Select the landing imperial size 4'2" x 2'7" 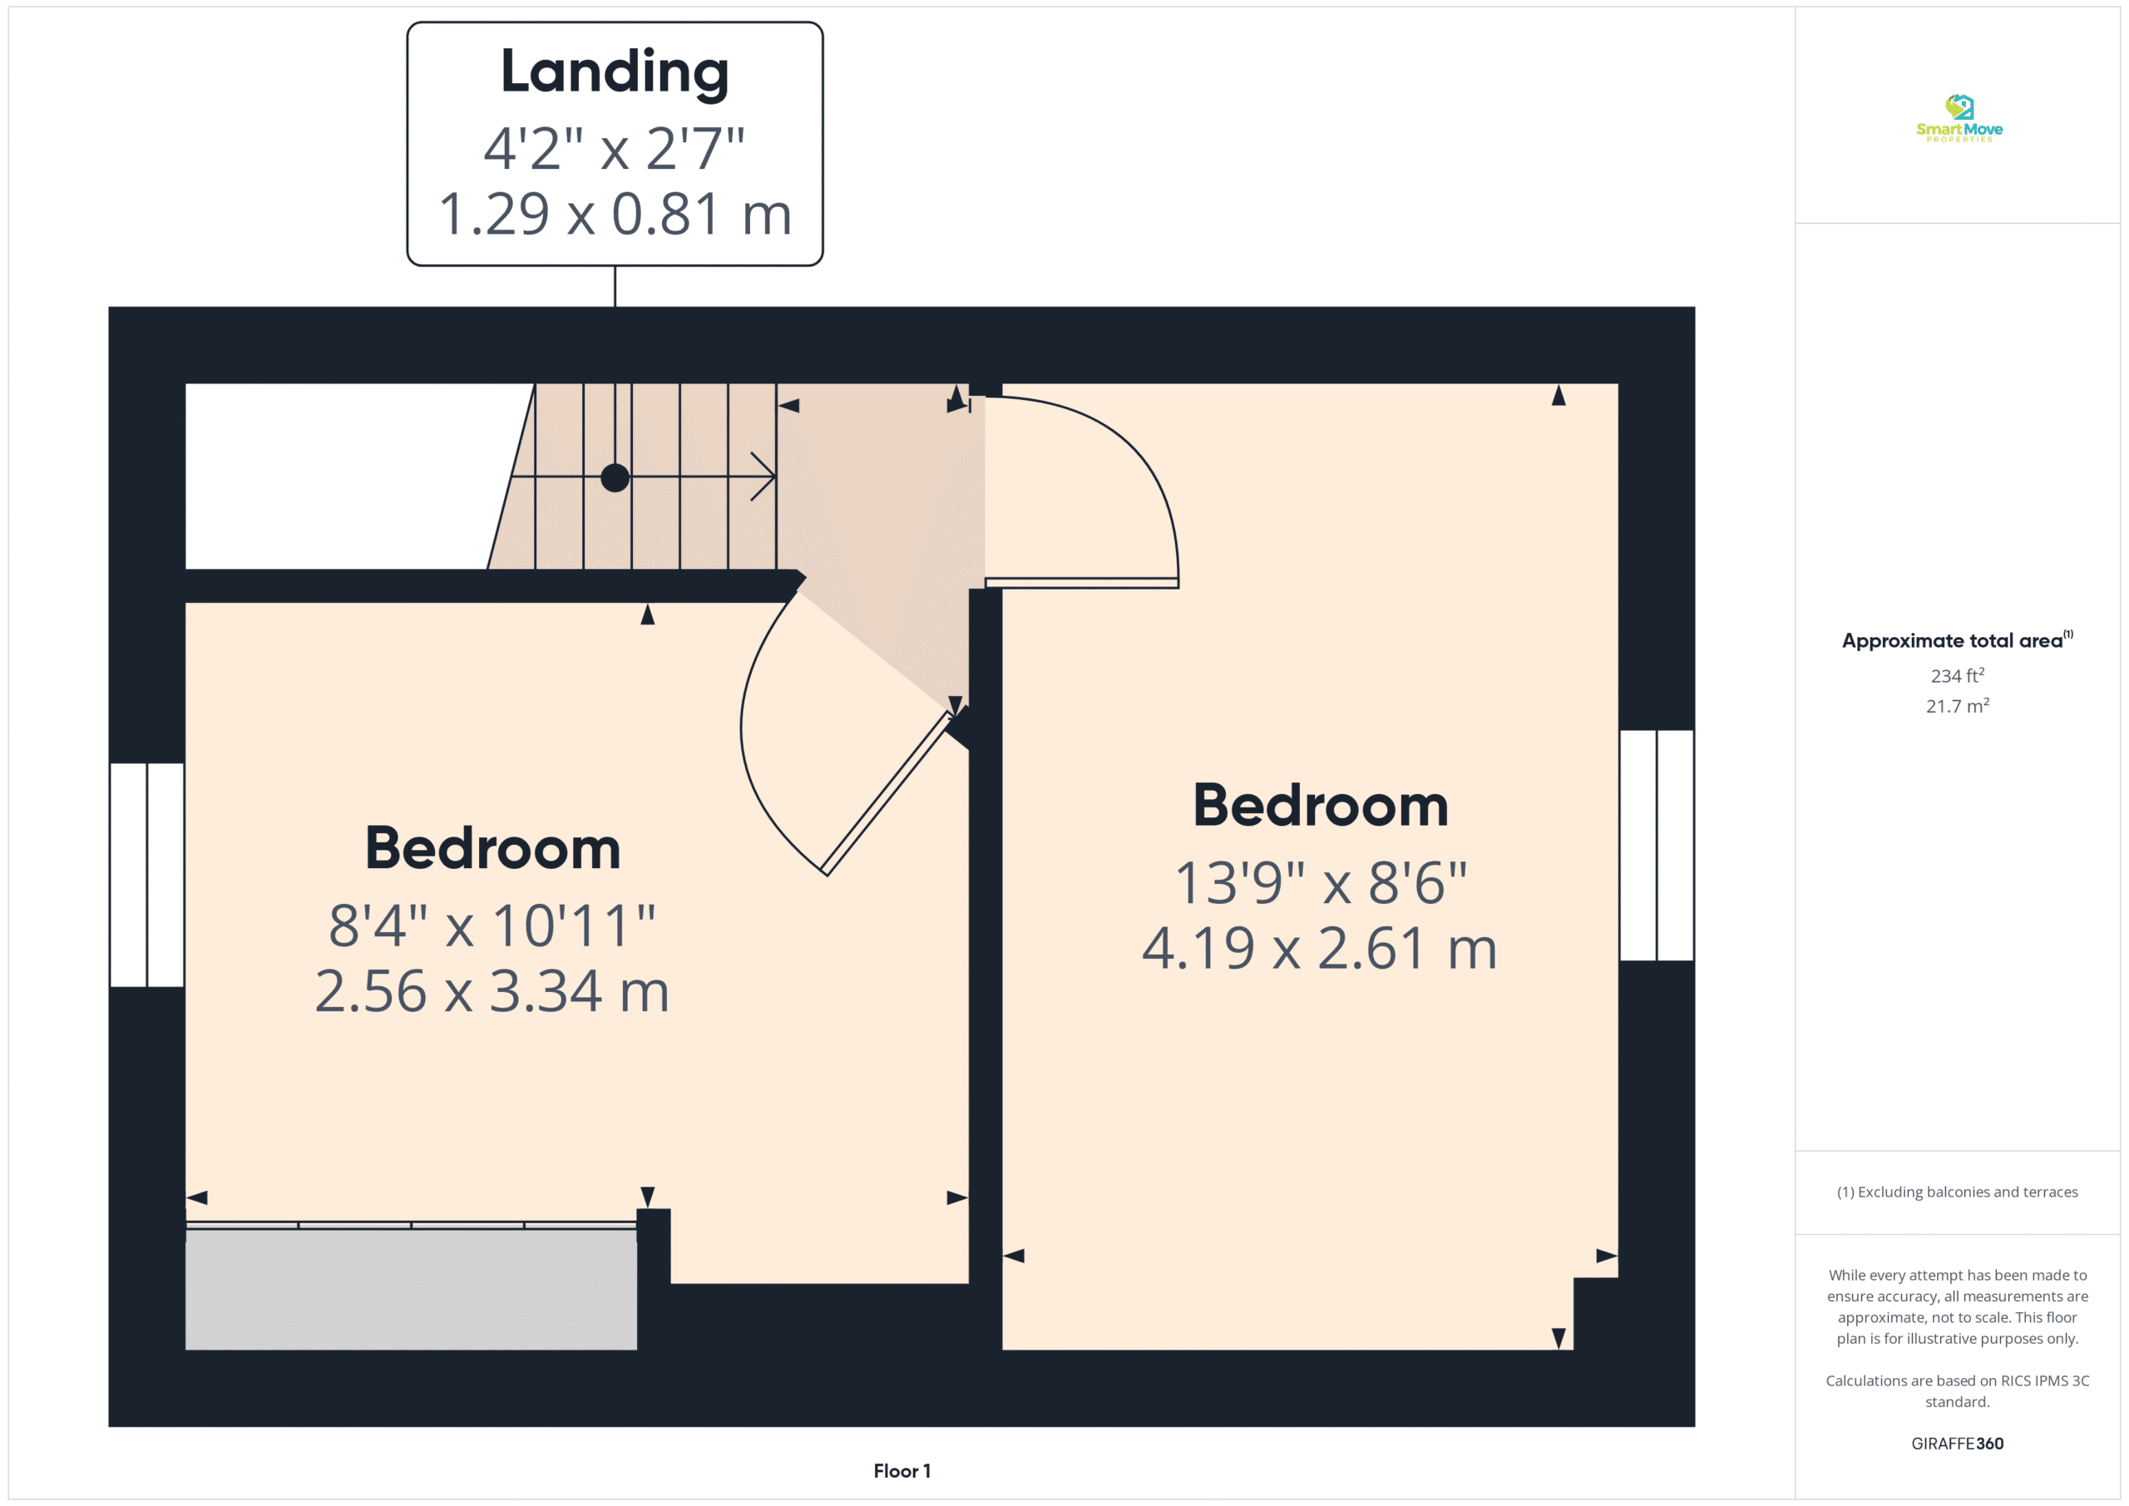click(x=615, y=148)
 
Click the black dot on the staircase click(x=615, y=477)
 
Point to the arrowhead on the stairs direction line click(x=763, y=476)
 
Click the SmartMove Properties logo click(x=1959, y=119)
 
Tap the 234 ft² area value click(x=1958, y=675)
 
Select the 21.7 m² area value click(x=1958, y=706)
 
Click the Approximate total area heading click(x=1957, y=639)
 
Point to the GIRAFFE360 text click(x=1957, y=1443)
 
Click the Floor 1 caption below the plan click(x=901, y=1471)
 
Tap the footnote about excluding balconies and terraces click(x=1957, y=1192)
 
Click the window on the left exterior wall click(x=146, y=875)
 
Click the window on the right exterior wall click(x=1656, y=845)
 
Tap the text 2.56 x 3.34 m click(x=491, y=991)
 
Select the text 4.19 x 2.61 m click(x=1320, y=949)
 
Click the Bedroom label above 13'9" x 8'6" click(x=1321, y=805)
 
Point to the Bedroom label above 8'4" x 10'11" click(x=492, y=847)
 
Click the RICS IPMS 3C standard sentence click(x=1957, y=1391)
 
